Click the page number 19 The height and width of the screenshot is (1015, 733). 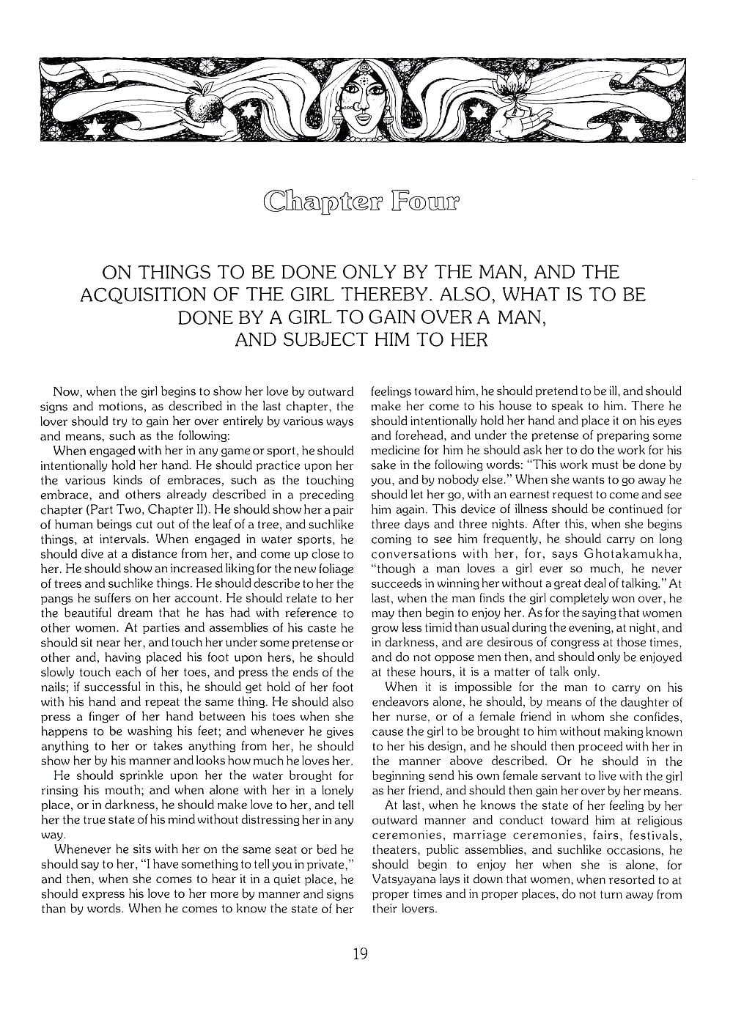359,954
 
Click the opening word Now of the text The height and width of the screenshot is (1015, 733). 66,391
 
